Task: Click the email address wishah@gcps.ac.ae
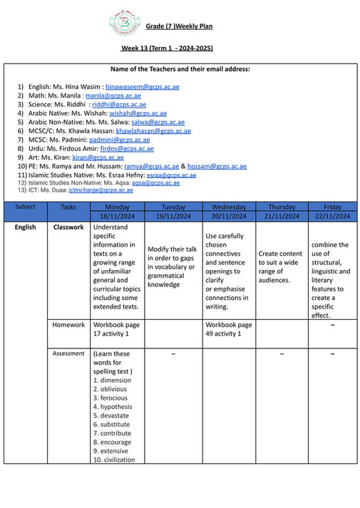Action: pos(138,113)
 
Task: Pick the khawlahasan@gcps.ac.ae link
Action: pos(153,131)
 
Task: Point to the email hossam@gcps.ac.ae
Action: pos(217,166)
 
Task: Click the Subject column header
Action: pos(25,206)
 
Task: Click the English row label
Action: pos(25,228)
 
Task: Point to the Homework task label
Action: pos(68,325)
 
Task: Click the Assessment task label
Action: pos(68,353)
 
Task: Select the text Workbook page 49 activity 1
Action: pos(227,329)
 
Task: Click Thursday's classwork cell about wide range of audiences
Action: pos(280,266)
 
